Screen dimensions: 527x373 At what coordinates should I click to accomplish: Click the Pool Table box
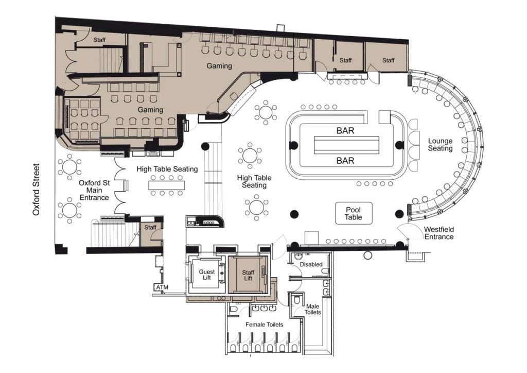pyautogui.click(x=354, y=213)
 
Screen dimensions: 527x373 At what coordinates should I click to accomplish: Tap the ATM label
pyautogui.click(x=162, y=287)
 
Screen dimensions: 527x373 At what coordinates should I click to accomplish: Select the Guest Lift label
pyautogui.click(x=207, y=275)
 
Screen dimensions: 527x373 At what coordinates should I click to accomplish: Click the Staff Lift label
pyautogui.click(x=248, y=275)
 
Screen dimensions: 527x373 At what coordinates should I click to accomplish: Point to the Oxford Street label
pyautogui.click(x=37, y=190)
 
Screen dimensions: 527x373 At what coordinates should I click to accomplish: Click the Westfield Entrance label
pyautogui.click(x=439, y=233)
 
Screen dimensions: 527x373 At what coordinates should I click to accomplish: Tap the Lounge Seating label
pyautogui.click(x=441, y=145)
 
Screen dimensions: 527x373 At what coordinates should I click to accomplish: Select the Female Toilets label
pyautogui.click(x=264, y=325)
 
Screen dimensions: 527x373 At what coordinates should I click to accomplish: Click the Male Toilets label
pyautogui.click(x=312, y=310)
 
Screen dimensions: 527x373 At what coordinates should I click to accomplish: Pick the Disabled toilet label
pyautogui.click(x=311, y=264)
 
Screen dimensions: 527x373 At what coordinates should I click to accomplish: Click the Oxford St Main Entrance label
pyautogui.click(x=95, y=190)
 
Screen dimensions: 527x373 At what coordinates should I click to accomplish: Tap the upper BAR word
pyautogui.click(x=345, y=130)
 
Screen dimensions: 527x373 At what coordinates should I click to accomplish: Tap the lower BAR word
pyautogui.click(x=345, y=160)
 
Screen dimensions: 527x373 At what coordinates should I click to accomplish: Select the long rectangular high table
pyautogui.click(x=167, y=185)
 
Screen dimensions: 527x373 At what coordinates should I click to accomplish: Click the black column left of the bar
pyautogui.click(x=293, y=145)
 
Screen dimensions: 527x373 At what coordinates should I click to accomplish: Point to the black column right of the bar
pyautogui.click(x=399, y=145)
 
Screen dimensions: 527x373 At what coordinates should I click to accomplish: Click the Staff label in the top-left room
pyautogui.click(x=99, y=40)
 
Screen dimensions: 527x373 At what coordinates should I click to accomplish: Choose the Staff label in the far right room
pyautogui.click(x=388, y=60)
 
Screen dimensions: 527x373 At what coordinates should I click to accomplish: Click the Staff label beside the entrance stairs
pyautogui.click(x=150, y=227)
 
